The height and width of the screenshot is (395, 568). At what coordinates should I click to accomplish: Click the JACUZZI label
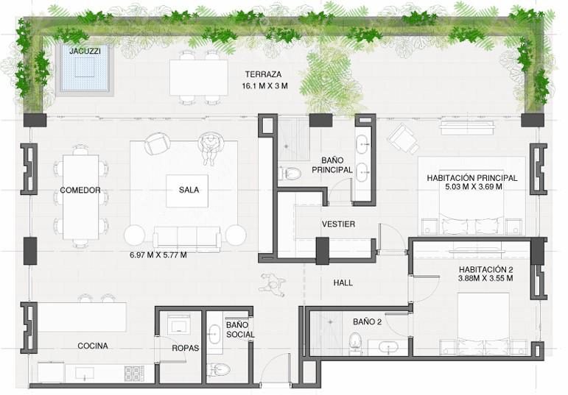tap(85, 51)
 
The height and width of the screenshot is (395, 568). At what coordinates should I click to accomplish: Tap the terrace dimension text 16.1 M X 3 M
tap(264, 86)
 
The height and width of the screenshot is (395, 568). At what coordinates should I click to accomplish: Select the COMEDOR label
tap(80, 190)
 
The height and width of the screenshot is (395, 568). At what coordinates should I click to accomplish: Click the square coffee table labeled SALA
tap(187, 191)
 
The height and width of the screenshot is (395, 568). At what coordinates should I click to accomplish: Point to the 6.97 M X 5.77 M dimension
tap(158, 255)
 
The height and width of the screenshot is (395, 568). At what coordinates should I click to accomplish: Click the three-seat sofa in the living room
tap(187, 239)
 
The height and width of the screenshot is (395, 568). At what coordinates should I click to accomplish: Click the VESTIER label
tap(338, 224)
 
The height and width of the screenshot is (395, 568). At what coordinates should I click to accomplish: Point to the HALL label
tap(343, 283)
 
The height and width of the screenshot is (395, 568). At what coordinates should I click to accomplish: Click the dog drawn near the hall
tap(272, 282)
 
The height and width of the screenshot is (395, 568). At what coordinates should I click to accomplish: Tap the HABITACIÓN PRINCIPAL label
tap(472, 178)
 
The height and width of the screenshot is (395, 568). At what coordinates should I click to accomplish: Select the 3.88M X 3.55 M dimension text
tap(485, 279)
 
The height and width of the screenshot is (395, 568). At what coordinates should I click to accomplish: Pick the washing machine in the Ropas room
tap(179, 324)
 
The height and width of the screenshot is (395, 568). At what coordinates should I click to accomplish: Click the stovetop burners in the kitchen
tap(134, 374)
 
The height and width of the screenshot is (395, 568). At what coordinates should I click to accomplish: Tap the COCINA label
tap(93, 346)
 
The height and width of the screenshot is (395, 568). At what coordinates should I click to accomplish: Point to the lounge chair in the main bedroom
tap(403, 139)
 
